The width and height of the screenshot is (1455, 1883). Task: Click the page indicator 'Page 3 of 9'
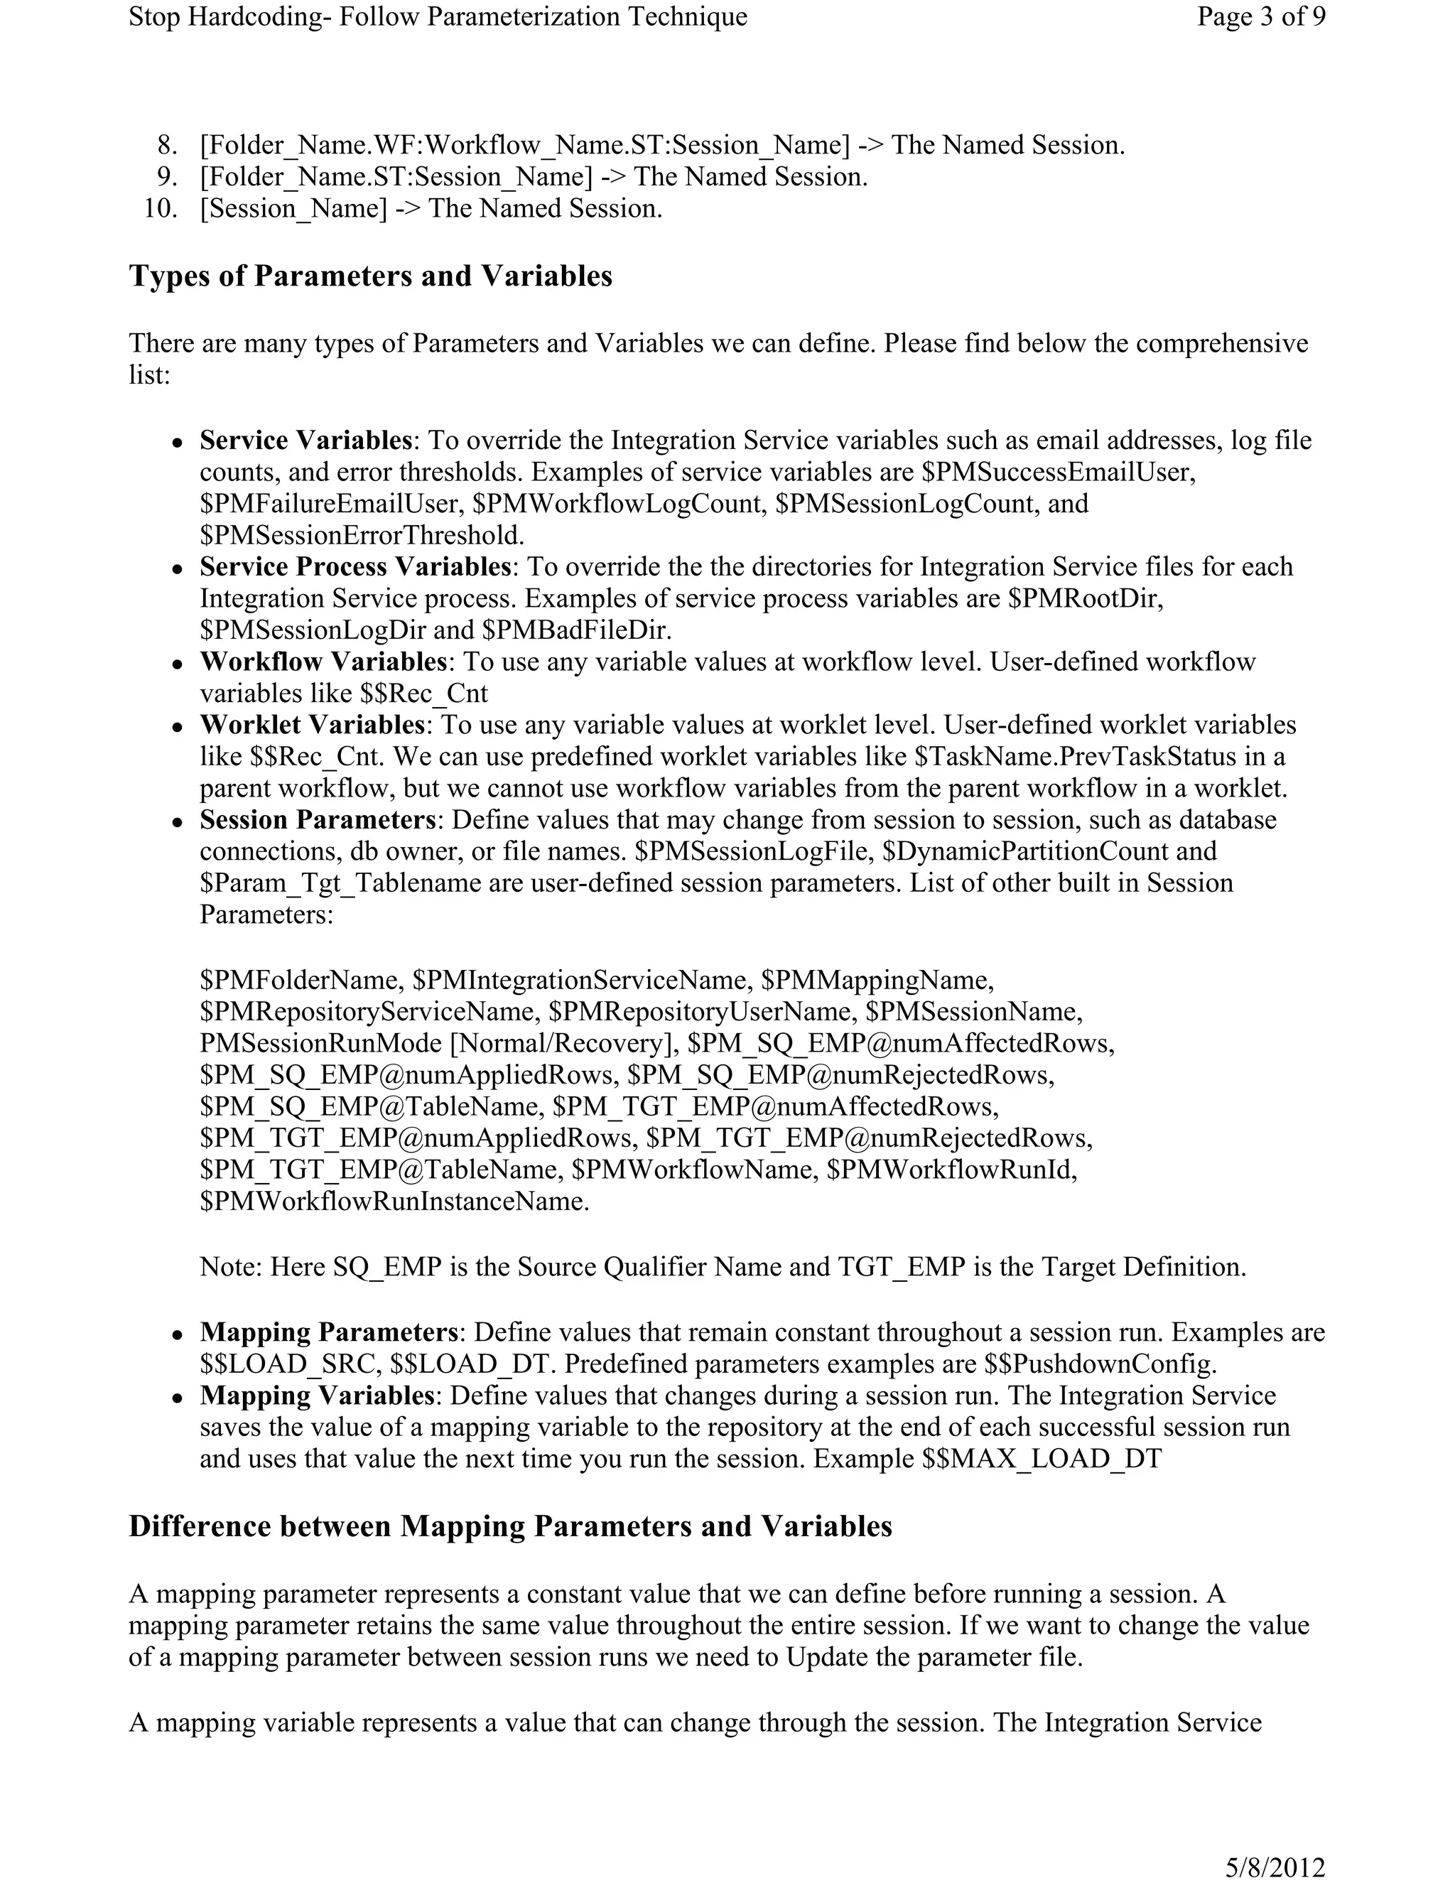(x=1260, y=17)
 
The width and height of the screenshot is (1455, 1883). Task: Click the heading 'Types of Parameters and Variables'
(x=371, y=276)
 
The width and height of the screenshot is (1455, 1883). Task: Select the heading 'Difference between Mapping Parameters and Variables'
(x=510, y=1526)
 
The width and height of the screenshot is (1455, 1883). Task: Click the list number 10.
(x=161, y=209)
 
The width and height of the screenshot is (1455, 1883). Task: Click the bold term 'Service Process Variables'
(x=356, y=566)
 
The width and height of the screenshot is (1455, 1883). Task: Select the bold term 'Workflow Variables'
(x=323, y=662)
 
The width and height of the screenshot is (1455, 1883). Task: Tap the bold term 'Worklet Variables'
(x=313, y=724)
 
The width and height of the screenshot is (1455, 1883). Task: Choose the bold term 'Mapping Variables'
(x=316, y=1395)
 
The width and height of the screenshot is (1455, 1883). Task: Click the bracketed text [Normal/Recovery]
(x=559, y=1043)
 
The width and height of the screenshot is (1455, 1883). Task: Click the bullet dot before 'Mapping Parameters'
(x=177, y=1334)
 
